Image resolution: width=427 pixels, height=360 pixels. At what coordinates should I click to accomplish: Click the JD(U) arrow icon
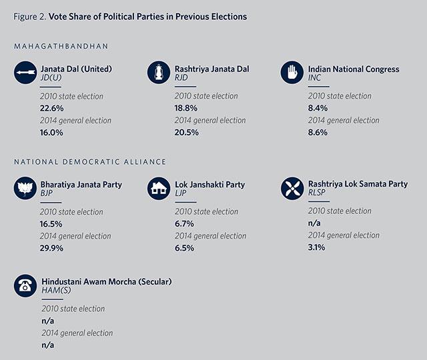(25, 73)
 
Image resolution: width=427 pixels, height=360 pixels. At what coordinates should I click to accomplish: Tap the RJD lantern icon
(159, 73)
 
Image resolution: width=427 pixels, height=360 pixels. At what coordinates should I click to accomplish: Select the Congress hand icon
(292, 73)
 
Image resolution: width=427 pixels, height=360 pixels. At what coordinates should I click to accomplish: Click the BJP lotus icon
(25, 188)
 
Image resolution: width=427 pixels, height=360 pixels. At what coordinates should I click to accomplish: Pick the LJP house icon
(159, 188)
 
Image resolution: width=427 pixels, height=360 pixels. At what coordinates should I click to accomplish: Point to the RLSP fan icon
(292, 188)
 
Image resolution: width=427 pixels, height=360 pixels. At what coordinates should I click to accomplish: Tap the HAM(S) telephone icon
(25, 285)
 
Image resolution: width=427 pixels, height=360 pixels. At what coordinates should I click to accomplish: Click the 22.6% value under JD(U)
(52, 108)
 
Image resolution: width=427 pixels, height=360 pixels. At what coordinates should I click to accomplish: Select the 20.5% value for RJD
(187, 133)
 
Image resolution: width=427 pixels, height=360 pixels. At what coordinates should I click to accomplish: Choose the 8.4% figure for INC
(318, 108)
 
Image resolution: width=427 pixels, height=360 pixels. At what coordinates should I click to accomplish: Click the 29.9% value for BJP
(51, 248)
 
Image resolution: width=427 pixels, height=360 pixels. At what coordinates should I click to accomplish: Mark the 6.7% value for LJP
(184, 224)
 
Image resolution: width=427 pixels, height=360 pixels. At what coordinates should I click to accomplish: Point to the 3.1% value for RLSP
(316, 247)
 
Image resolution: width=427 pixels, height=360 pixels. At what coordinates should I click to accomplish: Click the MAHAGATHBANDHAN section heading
(61, 46)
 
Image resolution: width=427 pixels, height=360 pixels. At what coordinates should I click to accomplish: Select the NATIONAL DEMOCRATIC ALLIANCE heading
(90, 162)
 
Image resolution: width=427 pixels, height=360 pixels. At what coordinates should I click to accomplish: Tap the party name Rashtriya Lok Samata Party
(358, 184)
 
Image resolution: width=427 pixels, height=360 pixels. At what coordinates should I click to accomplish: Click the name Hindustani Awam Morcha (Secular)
(107, 281)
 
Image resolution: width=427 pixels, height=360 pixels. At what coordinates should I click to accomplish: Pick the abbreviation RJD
(181, 77)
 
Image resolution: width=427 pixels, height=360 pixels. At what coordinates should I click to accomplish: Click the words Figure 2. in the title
(29, 17)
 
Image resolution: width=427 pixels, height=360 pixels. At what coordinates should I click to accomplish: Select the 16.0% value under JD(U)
(51, 133)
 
